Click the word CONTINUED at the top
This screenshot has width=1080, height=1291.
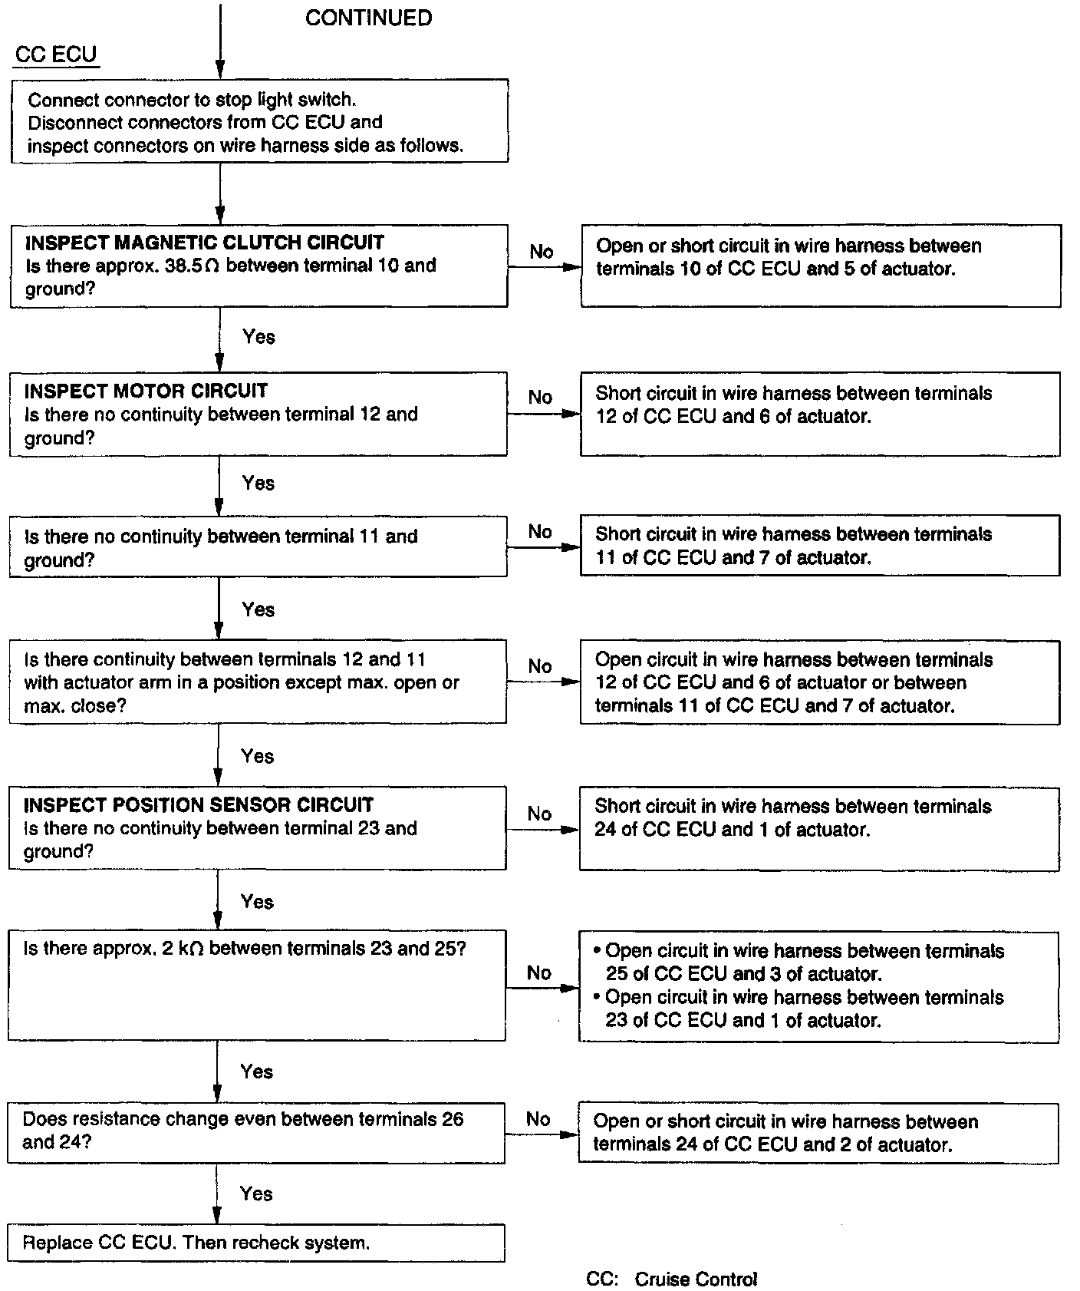pos(368,18)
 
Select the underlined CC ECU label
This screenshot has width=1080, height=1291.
pos(56,54)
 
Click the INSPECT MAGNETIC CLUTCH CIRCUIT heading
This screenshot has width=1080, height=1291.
pos(204,243)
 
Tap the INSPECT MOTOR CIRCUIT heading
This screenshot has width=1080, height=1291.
pos(146,391)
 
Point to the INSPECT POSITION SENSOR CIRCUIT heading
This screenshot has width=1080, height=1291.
pos(198,805)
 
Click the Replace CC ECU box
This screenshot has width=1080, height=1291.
pos(256,1243)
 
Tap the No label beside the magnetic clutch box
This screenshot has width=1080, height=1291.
pos(541,252)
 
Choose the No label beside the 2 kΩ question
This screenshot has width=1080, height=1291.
pos(538,973)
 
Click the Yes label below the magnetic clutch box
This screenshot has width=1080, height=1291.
pos(258,336)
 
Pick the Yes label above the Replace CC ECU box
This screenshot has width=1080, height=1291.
pos(255,1194)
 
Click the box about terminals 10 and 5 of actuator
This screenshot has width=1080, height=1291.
pos(820,266)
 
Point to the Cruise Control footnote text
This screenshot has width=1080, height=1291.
pos(671,1279)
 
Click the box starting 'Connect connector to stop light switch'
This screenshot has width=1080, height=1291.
pos(259,121)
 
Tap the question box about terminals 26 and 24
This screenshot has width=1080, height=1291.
pos(256,1132)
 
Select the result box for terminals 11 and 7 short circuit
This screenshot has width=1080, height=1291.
pos(819,546)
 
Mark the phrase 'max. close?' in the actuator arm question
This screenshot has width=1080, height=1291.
pos(74,705)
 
